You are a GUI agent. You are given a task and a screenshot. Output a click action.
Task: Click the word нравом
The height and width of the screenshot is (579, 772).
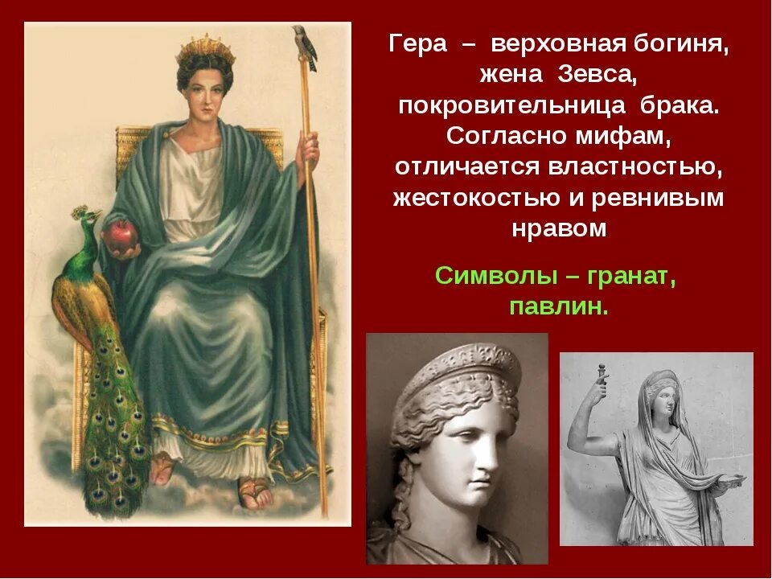(559, 228)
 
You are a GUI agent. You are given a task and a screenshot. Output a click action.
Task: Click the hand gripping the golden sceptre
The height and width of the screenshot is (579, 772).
(308, 149)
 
